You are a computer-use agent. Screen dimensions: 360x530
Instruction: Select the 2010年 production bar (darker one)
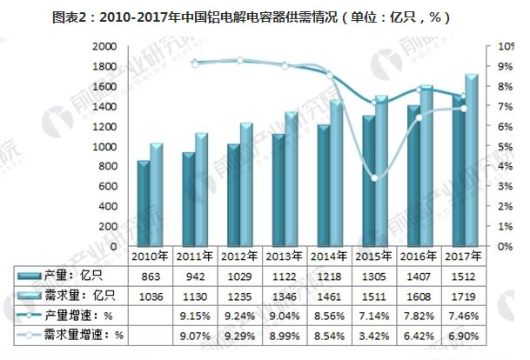[143, 203]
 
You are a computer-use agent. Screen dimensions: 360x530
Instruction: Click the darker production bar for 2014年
[324, 185]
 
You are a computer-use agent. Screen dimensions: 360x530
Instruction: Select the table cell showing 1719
[462, 295]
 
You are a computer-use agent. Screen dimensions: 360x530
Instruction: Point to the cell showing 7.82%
[418, 315]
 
